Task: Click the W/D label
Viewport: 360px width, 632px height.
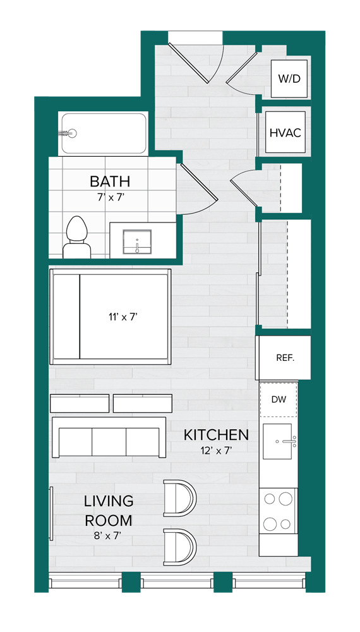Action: [x=289, y=79]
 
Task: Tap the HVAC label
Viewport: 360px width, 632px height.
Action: [x=285, y=133]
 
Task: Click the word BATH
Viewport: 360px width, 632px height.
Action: [x=110, y=181]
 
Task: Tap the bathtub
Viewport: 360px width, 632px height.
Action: [x=104, y=133]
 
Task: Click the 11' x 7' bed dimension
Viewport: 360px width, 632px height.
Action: [x=123, y=317]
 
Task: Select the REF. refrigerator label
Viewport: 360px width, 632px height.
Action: [x=285, y=357]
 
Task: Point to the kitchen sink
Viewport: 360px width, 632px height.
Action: [x=279, y=441]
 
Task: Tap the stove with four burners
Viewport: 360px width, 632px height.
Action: [x=278, y=511]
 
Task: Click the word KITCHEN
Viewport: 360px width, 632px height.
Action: [x=216, y=435]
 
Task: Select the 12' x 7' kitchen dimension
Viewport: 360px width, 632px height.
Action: [x=216, y=451]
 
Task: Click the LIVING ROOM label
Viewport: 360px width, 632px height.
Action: [x=109, y=511]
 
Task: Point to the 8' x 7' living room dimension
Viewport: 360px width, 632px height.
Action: [x=109, y=536]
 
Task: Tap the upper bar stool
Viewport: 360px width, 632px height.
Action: [x=179, y=498]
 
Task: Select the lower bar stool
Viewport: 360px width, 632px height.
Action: [x=179, y=547]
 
